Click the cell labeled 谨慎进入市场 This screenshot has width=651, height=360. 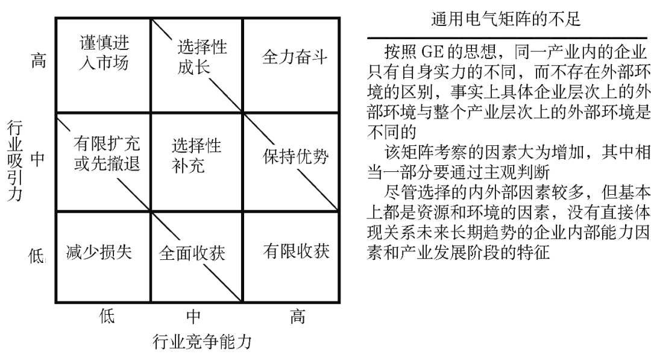click(104, 53)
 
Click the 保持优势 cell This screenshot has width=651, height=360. click(295, 157)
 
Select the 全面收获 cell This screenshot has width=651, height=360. click(192, 253)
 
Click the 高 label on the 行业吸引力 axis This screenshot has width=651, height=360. click(37, 62)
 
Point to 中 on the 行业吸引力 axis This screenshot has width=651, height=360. click(37, 159)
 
